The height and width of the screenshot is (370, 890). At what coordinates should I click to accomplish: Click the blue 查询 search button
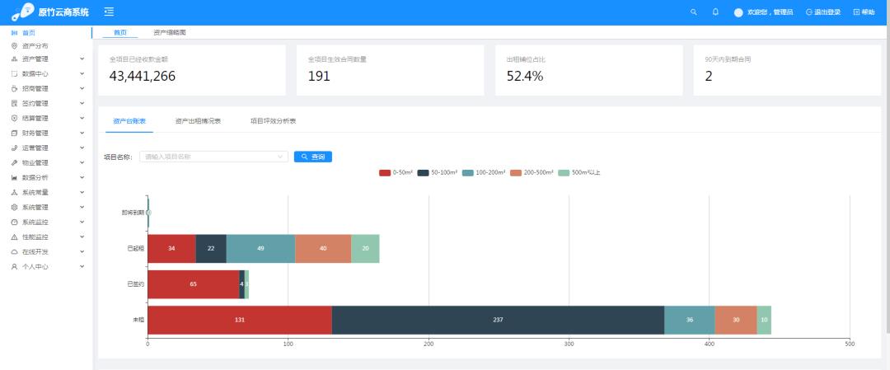pos(313,157)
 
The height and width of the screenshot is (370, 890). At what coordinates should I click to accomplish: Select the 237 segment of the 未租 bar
pos(498,320)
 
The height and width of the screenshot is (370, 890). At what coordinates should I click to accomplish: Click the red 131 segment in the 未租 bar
pos(240,320)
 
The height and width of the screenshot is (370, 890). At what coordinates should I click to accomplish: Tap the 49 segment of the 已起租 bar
pos(260,248)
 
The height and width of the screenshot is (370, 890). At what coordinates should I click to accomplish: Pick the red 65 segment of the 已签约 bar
pos(193,283)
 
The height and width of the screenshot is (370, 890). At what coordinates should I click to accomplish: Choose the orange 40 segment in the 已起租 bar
pos(323,248)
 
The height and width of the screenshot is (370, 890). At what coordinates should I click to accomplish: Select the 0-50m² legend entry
pos(396,172)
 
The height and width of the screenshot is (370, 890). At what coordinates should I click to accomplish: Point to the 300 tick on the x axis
pos(569,344)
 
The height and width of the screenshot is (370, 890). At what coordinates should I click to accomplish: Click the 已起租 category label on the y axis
pos(134,248)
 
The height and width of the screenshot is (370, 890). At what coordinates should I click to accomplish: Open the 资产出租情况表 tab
pos(198,121)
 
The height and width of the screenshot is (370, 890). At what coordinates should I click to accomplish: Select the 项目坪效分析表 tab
pos(273,121)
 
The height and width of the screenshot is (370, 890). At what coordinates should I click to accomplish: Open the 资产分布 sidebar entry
pos(35,46)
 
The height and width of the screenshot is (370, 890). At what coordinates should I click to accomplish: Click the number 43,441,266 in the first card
pos(142,77)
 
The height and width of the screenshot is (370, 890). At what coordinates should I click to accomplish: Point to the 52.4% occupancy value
pos(525,77)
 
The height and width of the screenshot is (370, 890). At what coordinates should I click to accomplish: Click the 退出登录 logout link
pos(824,12)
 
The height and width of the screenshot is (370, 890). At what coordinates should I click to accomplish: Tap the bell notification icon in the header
pos(715,12)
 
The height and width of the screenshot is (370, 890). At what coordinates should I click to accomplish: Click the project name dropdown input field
pos(214,157)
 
